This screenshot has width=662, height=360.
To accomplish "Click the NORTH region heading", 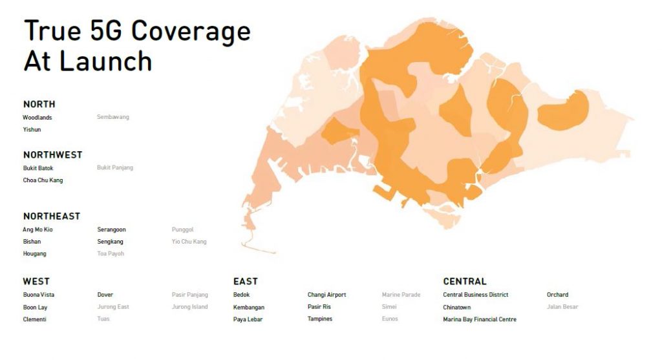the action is [39, 104].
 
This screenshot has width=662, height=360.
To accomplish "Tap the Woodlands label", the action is [37, 118].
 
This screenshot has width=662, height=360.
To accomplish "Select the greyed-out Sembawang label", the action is [113, 117].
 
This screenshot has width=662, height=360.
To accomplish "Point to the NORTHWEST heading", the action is [53, 155].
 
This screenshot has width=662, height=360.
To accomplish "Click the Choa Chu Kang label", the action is [43, 180].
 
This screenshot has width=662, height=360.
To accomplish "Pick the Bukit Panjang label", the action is [115, 167].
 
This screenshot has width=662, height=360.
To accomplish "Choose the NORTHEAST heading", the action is [52, 217].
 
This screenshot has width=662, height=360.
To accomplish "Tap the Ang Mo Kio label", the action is [37, 229].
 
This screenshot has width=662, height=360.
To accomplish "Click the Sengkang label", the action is [110, 242].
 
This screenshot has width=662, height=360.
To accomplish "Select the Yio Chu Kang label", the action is [189, 242].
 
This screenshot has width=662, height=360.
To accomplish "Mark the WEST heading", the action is [36, 282].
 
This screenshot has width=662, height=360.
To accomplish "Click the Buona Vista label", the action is [39, 295].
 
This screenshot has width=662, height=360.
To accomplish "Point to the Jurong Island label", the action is [189, 307].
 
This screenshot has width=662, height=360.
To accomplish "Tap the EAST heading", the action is [245, 282].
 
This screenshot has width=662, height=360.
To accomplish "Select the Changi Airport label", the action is [326, 295].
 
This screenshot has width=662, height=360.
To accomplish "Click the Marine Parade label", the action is [401, 295].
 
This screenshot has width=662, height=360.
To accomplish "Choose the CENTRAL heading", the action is [465, 282].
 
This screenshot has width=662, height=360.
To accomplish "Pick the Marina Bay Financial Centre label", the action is [480, 319].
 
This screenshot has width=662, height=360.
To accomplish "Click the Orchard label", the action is [557, 295].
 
